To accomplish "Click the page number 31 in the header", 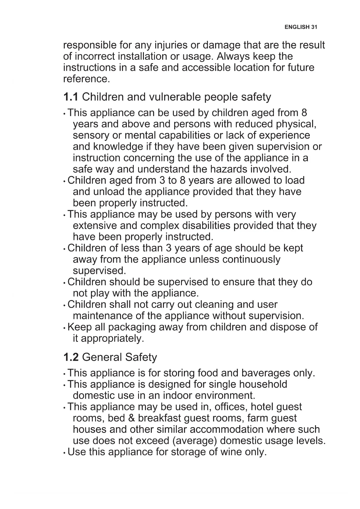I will click(x=314, y=27).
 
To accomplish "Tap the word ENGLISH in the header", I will click(x=297, y=27).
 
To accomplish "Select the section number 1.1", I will click(x=70, y=97).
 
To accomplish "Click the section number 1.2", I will click(x=71, y=357).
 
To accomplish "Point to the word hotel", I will click(x=262, y=407).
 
